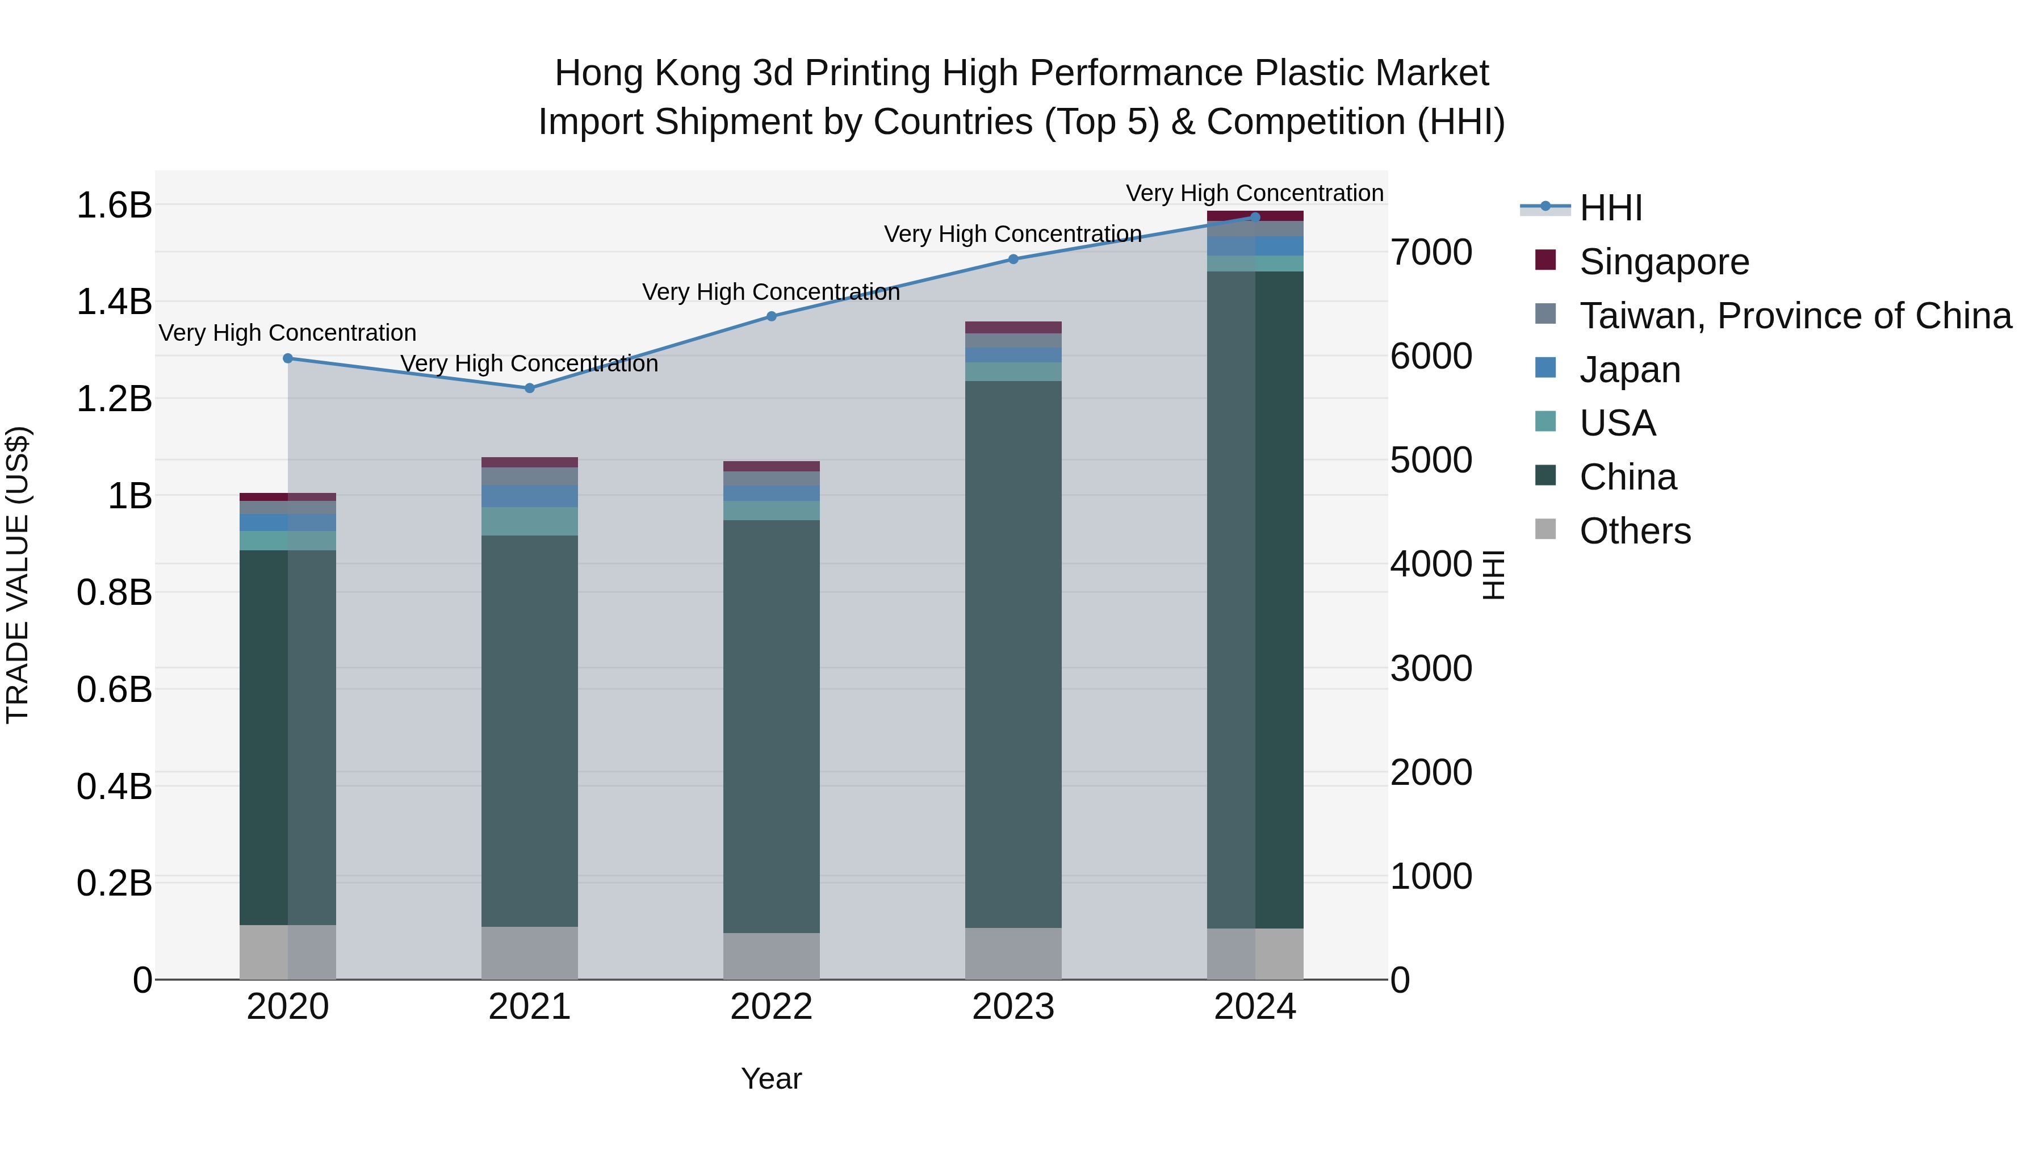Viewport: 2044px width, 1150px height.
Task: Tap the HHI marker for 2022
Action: coord(771,316)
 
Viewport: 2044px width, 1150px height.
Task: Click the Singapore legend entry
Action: coord(1664,262)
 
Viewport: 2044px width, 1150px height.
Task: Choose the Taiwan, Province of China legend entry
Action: coord(1795,316)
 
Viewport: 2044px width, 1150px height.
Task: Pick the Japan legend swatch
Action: coord(1545,368)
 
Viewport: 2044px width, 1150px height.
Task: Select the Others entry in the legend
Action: coord(1635,531)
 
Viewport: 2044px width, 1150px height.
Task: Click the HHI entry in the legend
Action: coord(1610,208)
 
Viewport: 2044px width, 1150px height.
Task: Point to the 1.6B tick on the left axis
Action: coord(114,206)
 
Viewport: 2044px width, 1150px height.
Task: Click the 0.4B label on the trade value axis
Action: coord(114,787)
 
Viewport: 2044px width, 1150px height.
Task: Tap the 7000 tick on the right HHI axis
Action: coord(1431,252)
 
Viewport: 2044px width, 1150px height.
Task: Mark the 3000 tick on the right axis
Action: coord(1431,668)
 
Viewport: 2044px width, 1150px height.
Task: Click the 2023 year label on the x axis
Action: coord(1013,1007)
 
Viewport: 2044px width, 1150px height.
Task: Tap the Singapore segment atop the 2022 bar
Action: coord(771,466)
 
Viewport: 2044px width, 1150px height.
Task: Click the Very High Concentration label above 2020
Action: coord(287,333)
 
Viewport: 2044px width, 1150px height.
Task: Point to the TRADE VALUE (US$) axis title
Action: coord(18,575)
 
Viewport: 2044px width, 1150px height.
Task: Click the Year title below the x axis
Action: coord(771,1078)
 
